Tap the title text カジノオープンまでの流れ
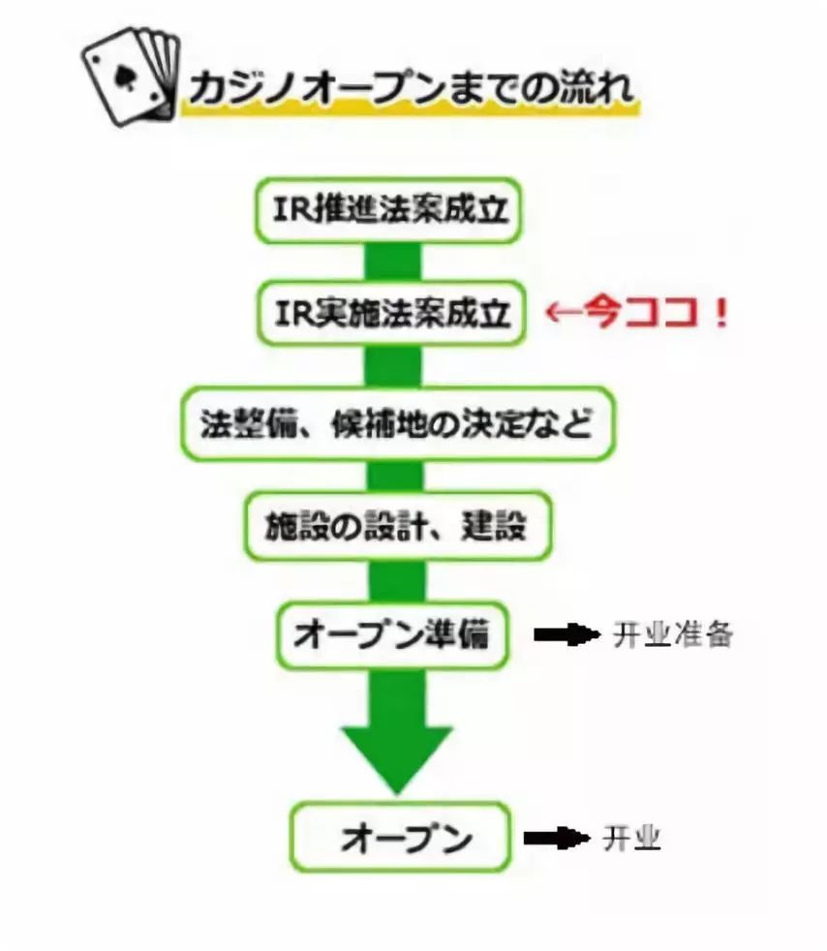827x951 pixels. click(411, 89)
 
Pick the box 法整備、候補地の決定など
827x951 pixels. click(397, 423)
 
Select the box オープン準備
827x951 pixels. click(392, 634)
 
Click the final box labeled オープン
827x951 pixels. click(399, 836)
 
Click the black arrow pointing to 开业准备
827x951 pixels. click(567, 634)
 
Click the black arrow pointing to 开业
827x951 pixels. click(556, 837)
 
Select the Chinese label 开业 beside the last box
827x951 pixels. click(631, 837)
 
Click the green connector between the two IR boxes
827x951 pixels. click(392, 261)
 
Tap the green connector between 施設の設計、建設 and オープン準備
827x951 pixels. click(397, 581)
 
